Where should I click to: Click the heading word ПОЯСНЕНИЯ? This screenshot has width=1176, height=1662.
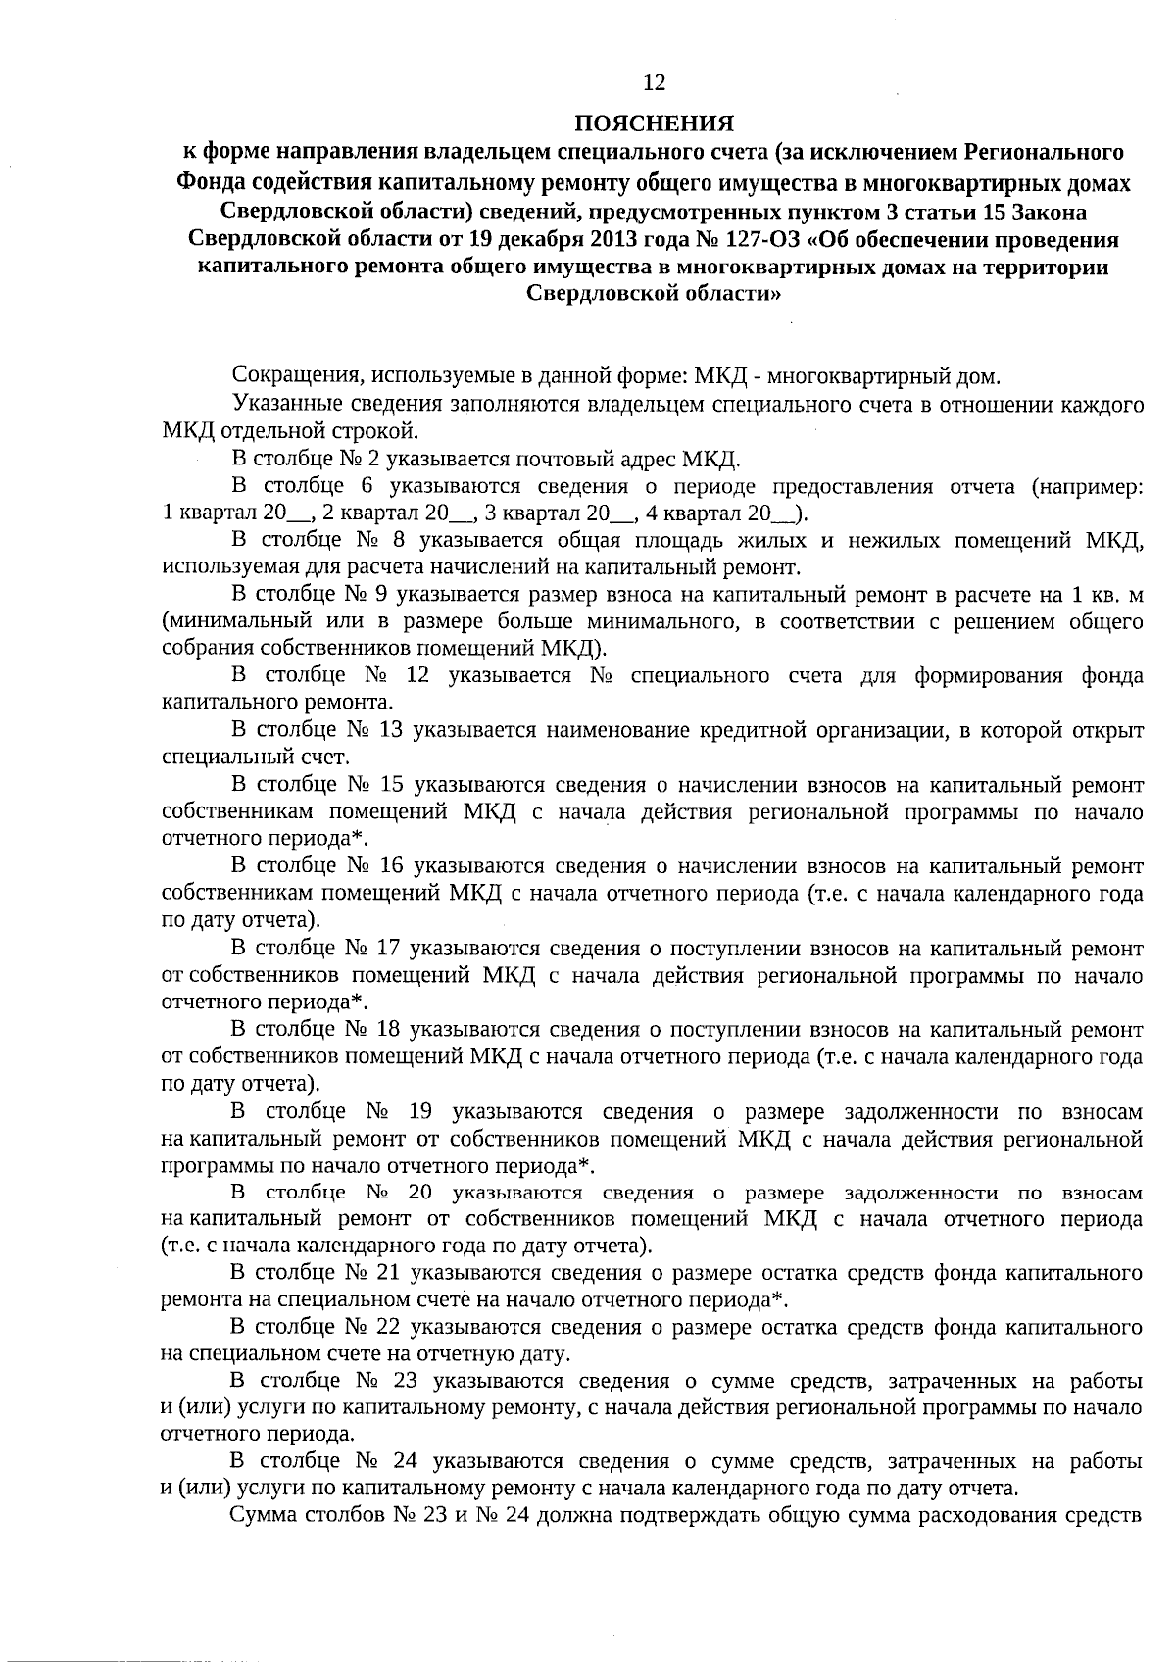tap(654, 123)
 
